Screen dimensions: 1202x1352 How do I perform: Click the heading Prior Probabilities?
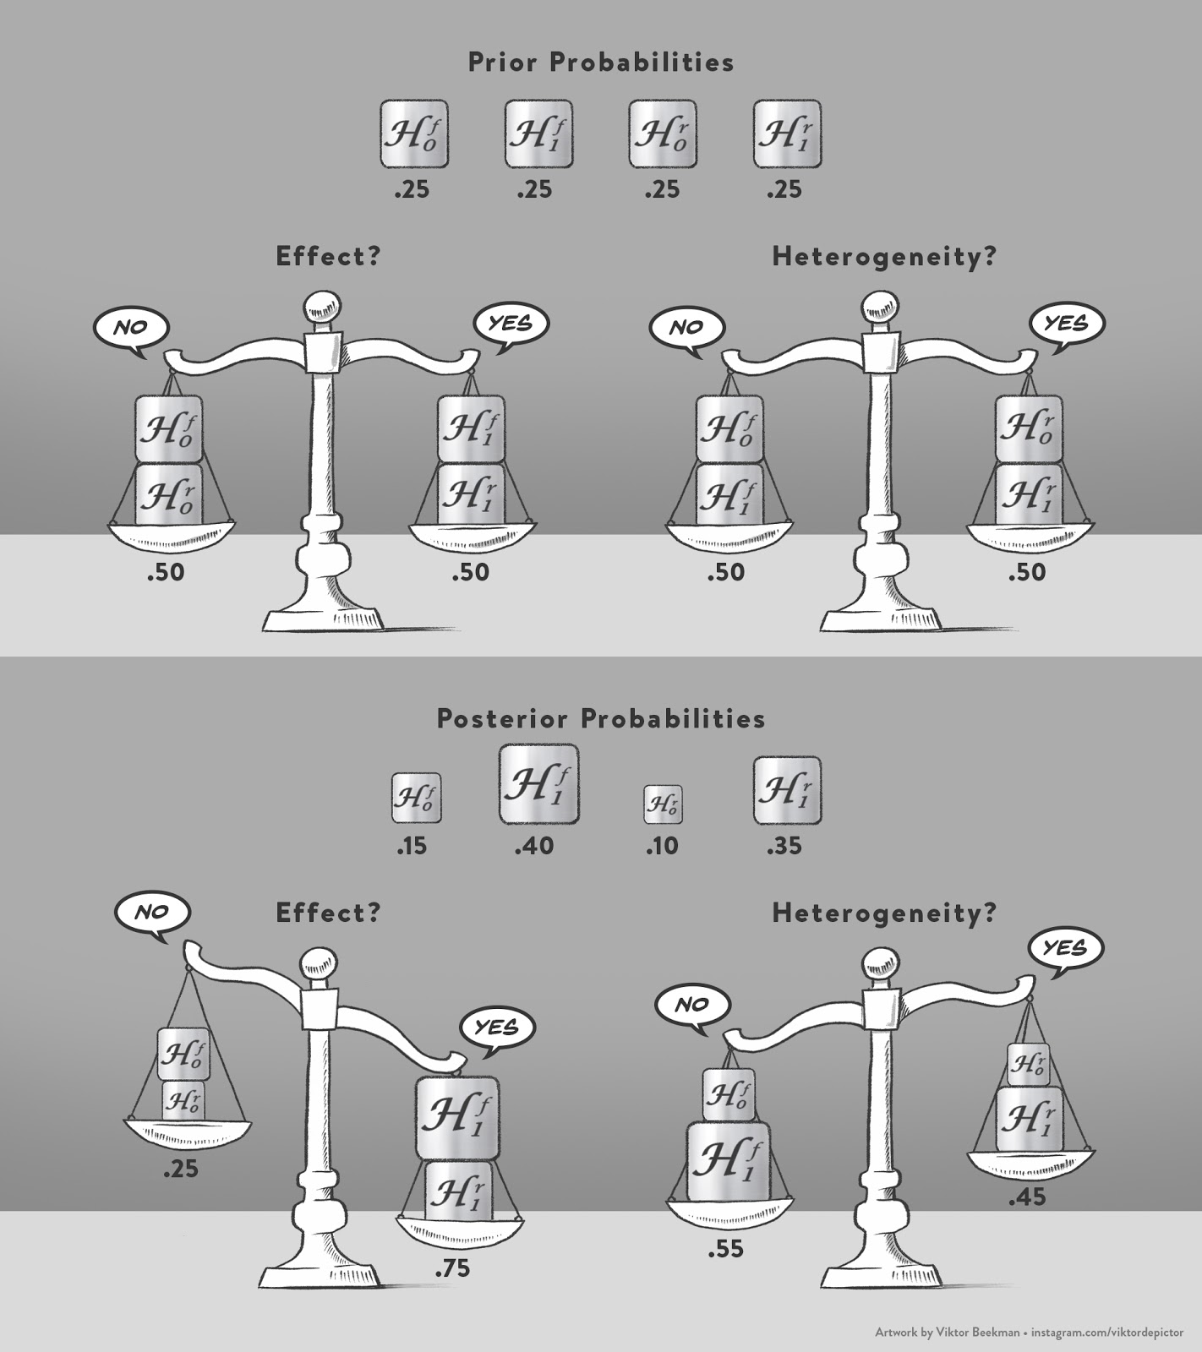(x=601, y=63)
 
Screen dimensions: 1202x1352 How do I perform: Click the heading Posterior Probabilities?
(x=601, y=719)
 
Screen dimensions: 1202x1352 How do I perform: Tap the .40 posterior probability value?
(x=534, y=845)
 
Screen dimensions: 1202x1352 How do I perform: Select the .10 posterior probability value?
(x=662, y=845)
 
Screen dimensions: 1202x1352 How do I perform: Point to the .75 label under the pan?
(x=452, y=1268)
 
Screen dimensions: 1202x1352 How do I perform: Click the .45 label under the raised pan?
(x=1026, y=1197)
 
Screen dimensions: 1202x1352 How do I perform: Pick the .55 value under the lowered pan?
(x=726, y=1248)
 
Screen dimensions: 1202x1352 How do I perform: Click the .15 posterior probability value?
(x=412, y=845)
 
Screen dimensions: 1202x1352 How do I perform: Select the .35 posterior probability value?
(x=784, y=845)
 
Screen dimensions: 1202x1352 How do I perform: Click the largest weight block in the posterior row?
(x=538, y=784)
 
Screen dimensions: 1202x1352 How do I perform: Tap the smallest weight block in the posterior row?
(x=663, y=804)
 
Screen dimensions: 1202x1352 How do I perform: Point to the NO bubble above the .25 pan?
(x=153, y=914)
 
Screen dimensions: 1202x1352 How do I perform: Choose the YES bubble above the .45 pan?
(x=1064, y=950)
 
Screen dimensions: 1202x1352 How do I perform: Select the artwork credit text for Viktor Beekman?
(x=1029, y=1332)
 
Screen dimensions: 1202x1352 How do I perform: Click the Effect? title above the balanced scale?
(x=328, y=257)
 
